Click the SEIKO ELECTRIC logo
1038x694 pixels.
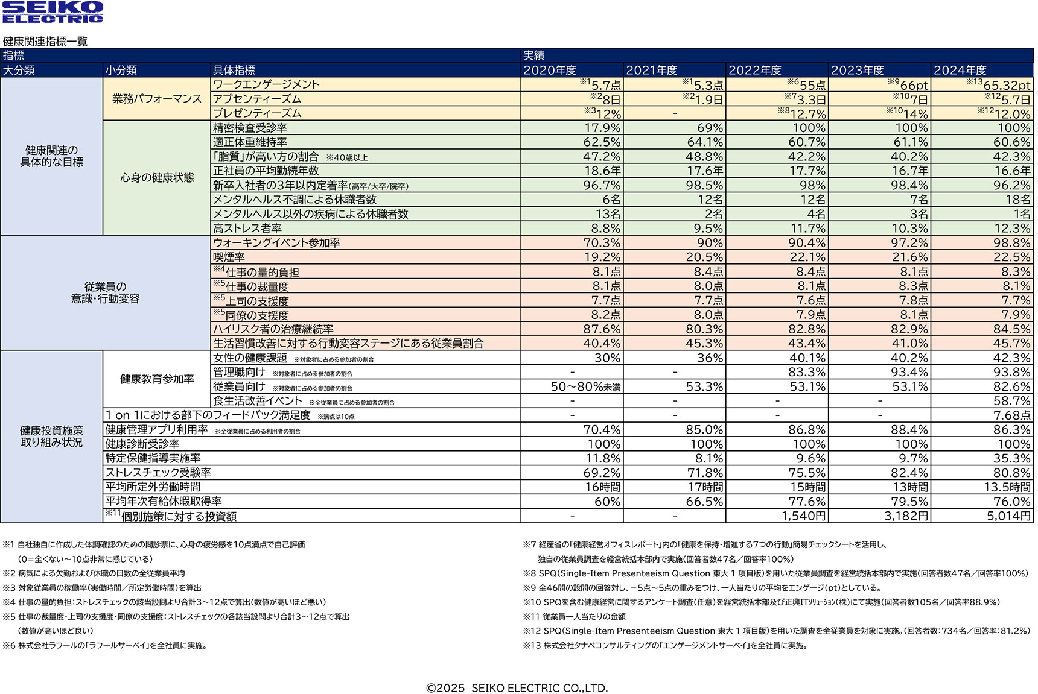pyautogui.click(x=53, y=12)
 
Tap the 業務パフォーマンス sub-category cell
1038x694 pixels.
pyautogui.click(x=156, y=99)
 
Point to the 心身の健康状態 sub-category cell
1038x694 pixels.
pyautogui.click(x=157, y=178)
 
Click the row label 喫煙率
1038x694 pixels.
pyautogui.click(x=229, y=257)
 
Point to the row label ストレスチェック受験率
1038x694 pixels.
pyautogui.click(x=158, y=473)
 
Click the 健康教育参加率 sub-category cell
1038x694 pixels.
pyautogui.click(x=157, y=379)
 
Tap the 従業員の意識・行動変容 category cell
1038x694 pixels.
pyautogui.click(x=105, y=293)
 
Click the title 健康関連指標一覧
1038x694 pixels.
pyautogui.click(x=45, y=42)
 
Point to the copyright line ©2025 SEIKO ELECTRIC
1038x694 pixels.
pyautogui.click(x=517, y=688)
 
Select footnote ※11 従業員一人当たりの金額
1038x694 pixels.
pyautogui.click(x=575, y=617)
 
